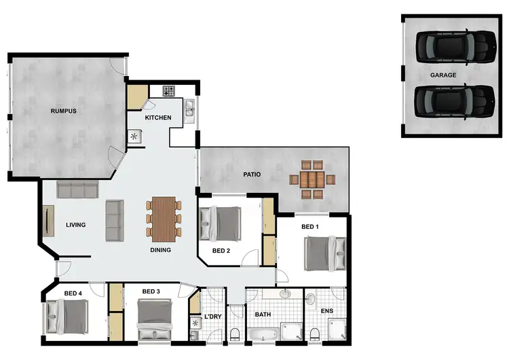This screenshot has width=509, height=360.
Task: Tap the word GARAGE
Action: click(442, 75)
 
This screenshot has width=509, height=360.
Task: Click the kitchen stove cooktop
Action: click(168, 90)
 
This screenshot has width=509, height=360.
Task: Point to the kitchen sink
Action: click(190, 108)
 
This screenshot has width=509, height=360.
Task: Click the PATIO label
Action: click(252, 175)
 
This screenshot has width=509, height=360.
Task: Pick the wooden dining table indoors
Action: click(164, 218)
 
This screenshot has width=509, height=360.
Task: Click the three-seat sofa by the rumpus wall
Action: click(77, 188)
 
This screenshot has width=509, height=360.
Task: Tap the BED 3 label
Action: click(151, 293)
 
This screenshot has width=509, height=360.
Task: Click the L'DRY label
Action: click(212, 317)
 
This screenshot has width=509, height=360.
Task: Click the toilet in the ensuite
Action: click(315, 333)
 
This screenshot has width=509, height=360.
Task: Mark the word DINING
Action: click(160, 250)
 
